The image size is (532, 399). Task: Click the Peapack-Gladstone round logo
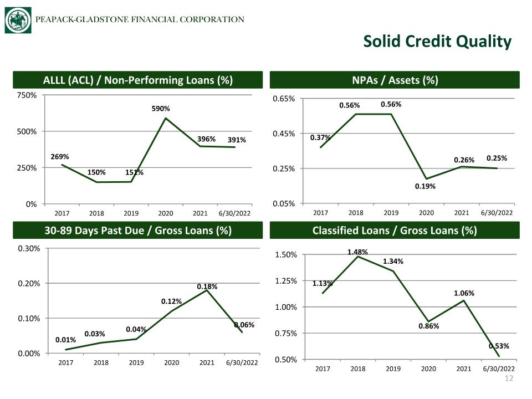point(18,20)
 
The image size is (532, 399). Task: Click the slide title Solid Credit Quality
point(437,42)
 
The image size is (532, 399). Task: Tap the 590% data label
point(161,109)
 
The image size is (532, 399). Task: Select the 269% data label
point(60,157)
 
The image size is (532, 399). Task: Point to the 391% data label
point(237,140)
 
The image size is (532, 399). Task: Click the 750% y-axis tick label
point(27,95)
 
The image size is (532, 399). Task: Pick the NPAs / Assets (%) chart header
point(395,80)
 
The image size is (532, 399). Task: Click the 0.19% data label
point(425,186)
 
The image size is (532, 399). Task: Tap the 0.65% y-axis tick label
point(284,99)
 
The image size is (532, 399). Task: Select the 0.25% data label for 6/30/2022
point(497,158)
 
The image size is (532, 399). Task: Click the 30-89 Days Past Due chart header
point(138,231)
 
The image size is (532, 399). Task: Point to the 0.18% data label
point(207,287)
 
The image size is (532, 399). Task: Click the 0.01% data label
point(65,340)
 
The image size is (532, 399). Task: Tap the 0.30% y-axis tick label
point(29,248)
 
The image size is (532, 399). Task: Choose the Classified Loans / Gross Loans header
point(395,231)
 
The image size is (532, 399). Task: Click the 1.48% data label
point(357,252)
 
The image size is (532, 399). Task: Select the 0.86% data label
point(428,326)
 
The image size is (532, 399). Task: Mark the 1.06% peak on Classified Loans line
point(464,300)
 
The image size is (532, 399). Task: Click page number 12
point(509,378)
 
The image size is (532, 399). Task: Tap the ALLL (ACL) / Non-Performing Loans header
point(138,80)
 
